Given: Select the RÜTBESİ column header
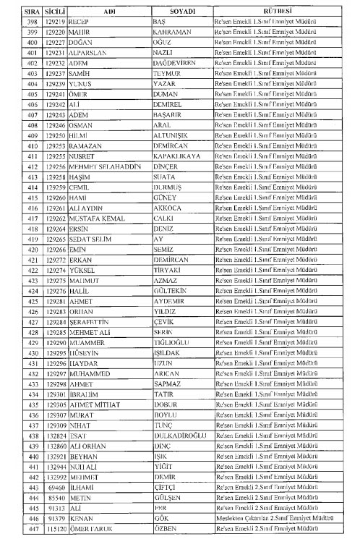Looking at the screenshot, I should [x=280, y=12].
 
